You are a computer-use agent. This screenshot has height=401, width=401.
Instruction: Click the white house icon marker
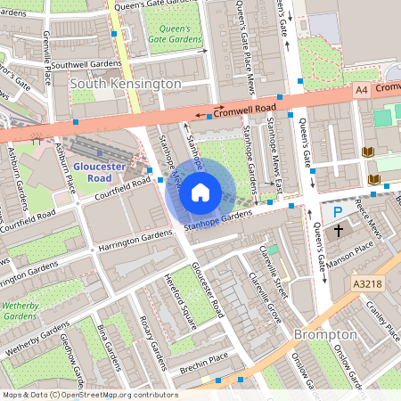[x=200, y=192]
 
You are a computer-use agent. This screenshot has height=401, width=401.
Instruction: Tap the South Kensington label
[x=125, y=83]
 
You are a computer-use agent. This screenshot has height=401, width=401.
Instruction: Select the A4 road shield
[x=360, y=89]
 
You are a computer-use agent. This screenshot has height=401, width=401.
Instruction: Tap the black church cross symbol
[x=338, y=231]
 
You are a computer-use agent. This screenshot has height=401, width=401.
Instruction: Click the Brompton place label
[x=325, y=334]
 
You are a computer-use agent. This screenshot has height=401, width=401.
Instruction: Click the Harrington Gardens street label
[x=135, y=239]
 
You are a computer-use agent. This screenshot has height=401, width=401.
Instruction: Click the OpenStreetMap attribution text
[x=90, y=395]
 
